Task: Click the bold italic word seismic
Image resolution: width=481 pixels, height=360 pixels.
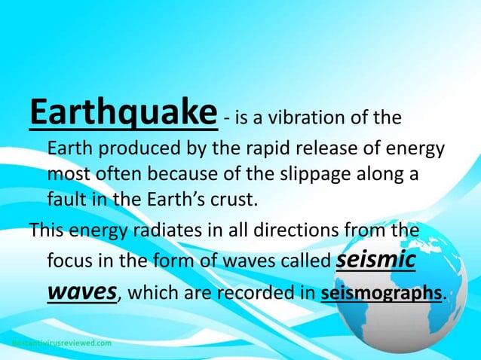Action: coord(374,260)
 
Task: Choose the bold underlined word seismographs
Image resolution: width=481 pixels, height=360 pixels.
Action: coord(381,294)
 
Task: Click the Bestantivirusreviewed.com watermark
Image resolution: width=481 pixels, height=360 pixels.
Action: coord(61,343)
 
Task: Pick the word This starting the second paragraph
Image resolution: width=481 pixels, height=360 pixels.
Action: coord(44,230)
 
